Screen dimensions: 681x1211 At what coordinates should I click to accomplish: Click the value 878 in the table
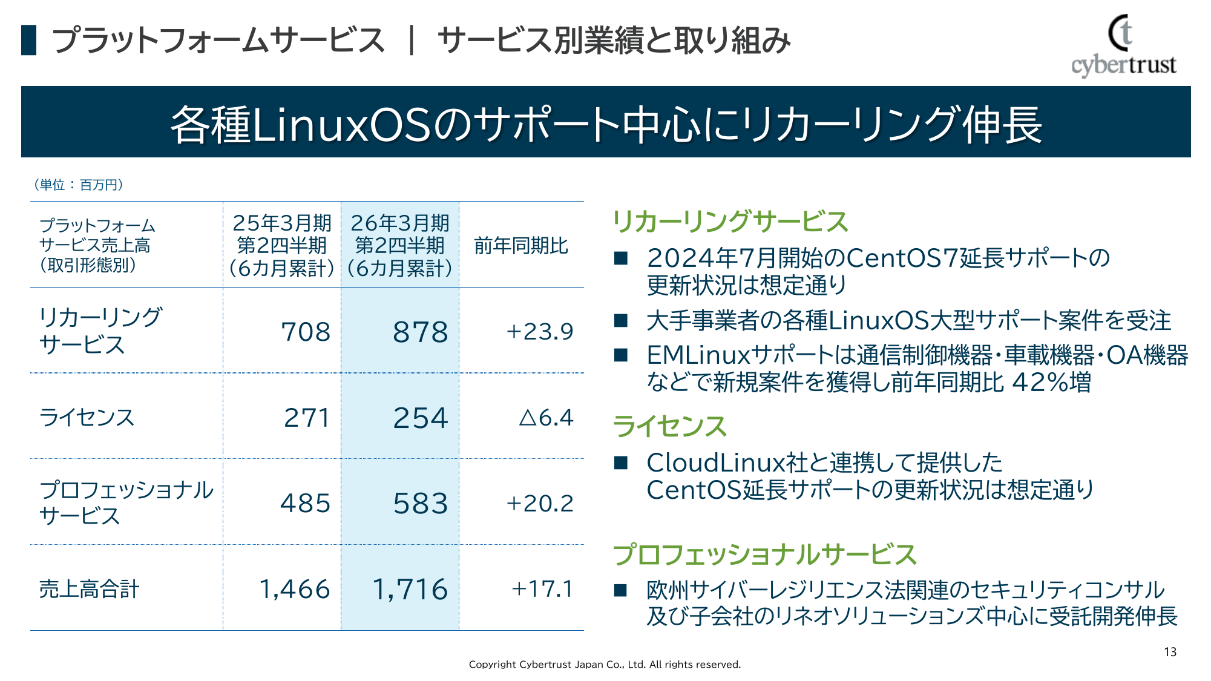[421, 332]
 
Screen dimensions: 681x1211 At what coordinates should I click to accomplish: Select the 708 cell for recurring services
[306, 332]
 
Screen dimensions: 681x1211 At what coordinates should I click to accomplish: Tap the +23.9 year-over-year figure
[539, 332]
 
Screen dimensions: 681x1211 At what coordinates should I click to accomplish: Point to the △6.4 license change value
[546, 418]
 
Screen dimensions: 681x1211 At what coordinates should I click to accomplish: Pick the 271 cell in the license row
[307, 418]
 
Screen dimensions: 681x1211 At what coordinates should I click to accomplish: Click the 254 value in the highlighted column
[421, 418]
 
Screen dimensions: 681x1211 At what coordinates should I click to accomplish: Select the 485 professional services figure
[305, 504]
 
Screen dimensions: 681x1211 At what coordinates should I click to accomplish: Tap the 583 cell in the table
[421, 504]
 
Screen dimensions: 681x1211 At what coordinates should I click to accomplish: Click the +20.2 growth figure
[539, 504]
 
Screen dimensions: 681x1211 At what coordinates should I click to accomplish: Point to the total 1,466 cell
[295, 590]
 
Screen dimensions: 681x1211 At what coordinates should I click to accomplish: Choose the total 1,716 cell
[410, 590]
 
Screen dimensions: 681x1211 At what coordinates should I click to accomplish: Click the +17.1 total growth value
[542, 589]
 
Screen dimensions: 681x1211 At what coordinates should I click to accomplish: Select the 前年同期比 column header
[520, 246]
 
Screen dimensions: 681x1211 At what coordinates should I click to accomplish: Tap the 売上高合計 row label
[89, 589]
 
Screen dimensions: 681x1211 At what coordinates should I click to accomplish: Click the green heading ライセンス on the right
[669, 426]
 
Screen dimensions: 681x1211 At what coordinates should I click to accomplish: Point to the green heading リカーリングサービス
[730, 222]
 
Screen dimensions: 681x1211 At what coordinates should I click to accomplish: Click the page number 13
[1170, 652]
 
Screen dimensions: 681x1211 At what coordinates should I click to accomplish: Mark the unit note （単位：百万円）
[78, 185]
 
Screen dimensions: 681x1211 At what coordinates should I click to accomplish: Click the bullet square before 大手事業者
[620, 320]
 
